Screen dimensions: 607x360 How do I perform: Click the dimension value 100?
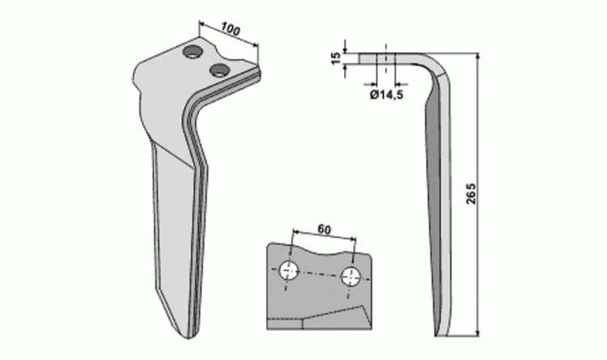231,30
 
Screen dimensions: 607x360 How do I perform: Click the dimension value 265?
471,193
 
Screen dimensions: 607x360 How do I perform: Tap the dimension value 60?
324,230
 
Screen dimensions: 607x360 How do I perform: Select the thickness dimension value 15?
337,57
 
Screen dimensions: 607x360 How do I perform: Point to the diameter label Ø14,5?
386,95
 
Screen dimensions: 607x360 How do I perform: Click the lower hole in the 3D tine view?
220,70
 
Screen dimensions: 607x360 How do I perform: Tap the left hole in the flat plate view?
289,270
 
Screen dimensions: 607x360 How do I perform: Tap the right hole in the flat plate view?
351,277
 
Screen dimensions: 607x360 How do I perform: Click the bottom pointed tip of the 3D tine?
189,338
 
